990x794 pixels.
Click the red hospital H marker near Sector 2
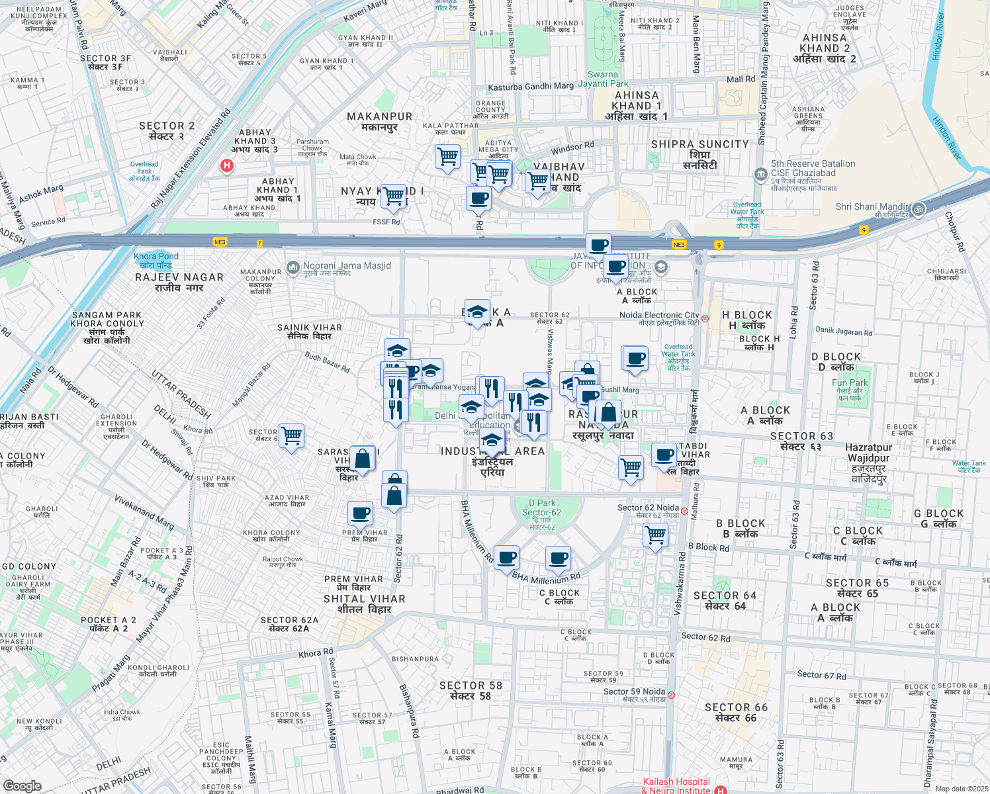(227, 165)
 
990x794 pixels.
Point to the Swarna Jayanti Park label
(603, 79)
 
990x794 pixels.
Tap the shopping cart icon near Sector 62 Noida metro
(655, 534)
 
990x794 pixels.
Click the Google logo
(22, 786)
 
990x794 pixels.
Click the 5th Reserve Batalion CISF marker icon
(760, 174)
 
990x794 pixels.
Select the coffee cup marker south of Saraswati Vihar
(361, 513)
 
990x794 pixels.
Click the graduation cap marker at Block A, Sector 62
(476, 311)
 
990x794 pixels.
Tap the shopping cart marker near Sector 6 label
(291, 435)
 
